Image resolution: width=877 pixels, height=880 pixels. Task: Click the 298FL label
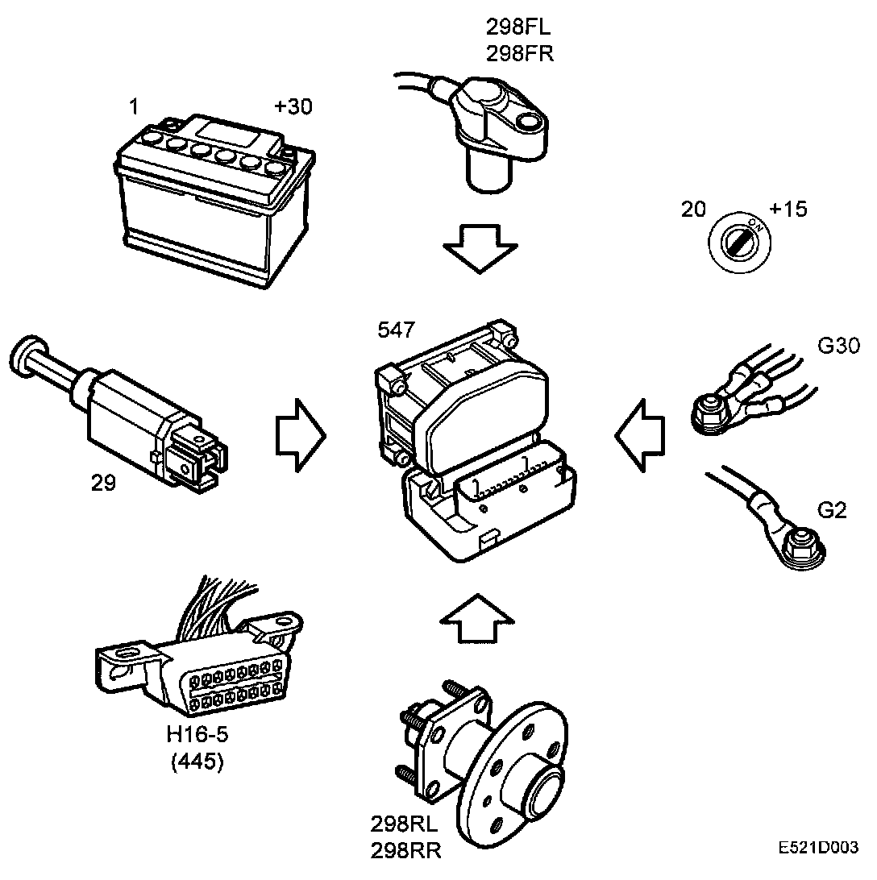[519, 28]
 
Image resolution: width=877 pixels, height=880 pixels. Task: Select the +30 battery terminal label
[293, 106]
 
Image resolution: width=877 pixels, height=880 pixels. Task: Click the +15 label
[788, 210]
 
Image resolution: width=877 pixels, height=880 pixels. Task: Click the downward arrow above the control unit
[481, 246]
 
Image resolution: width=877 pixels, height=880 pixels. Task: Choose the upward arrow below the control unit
[477, 618]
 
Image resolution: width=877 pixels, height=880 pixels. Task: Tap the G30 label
[838, 347]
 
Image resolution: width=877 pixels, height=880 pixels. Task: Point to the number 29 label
[103, 484]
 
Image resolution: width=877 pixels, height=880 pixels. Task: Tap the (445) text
[197, 762]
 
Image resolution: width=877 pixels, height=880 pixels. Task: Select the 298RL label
[406, 824]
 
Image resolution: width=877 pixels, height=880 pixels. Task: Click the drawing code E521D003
[818, 849]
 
